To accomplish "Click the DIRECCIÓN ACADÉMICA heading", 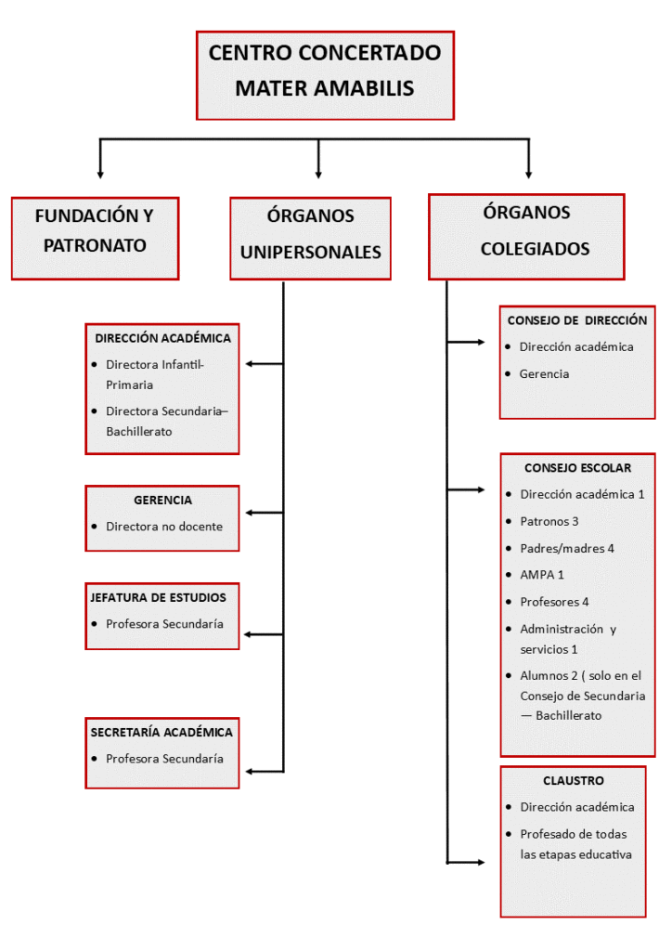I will (x=162, y=339).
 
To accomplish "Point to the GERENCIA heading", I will (x=162, y=500).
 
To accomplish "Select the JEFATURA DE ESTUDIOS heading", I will (x=159, y=597).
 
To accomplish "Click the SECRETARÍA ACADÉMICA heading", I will (x=162, y=732).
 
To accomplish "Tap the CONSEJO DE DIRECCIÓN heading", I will (x=576, y=320).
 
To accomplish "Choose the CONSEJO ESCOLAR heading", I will (x=577, y=468).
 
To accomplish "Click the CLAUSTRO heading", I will (x=574, y=780).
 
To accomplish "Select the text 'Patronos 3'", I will (x=549, y=521).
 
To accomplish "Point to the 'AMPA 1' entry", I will (x=542, y=575).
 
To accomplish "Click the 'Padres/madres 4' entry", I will (x=567, y=548).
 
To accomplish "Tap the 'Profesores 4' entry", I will (x=554, y=602).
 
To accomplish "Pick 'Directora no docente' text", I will (x=164, y=527).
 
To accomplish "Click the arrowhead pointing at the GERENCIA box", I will (x=249, y=513).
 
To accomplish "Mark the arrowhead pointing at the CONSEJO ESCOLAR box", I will (x=480, y=489).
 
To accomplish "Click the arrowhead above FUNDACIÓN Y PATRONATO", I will (x=100, y=174).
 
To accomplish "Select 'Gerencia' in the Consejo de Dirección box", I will (x=544, y=373).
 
